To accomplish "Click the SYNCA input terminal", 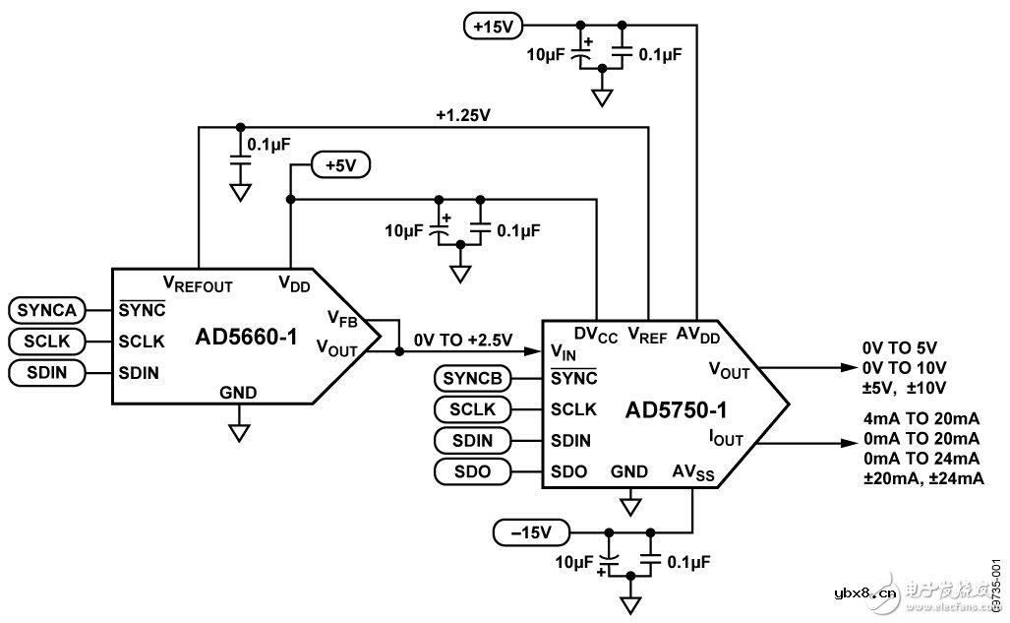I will click(44, 310).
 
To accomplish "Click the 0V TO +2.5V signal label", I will click(462, 340).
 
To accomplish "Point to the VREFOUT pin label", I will click(198, 285).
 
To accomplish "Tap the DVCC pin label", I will click(596, 335).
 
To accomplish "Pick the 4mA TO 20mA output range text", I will click(919, 416).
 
